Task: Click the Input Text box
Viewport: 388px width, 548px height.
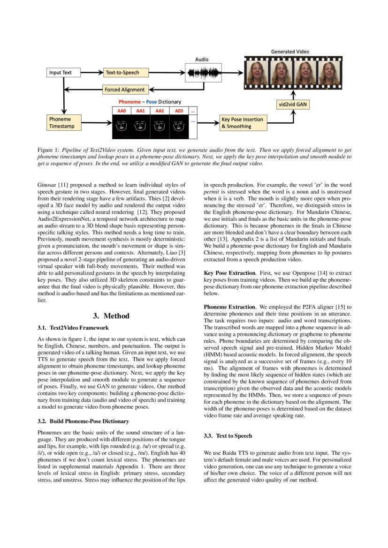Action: (x=63, y=73)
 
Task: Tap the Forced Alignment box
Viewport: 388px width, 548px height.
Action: (x=125, y=89)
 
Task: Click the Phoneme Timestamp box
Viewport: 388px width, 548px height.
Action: (x=63, y=123)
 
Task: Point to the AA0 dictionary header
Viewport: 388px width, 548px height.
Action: (x=122, y=111)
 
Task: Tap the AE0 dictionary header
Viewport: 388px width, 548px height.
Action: (x=179, y=111)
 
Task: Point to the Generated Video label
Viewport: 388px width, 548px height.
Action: (x=290, y=51)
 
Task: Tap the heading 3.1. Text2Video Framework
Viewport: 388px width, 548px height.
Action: (x=73, y=328)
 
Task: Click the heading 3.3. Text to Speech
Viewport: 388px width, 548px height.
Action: (x=228, y=436)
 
